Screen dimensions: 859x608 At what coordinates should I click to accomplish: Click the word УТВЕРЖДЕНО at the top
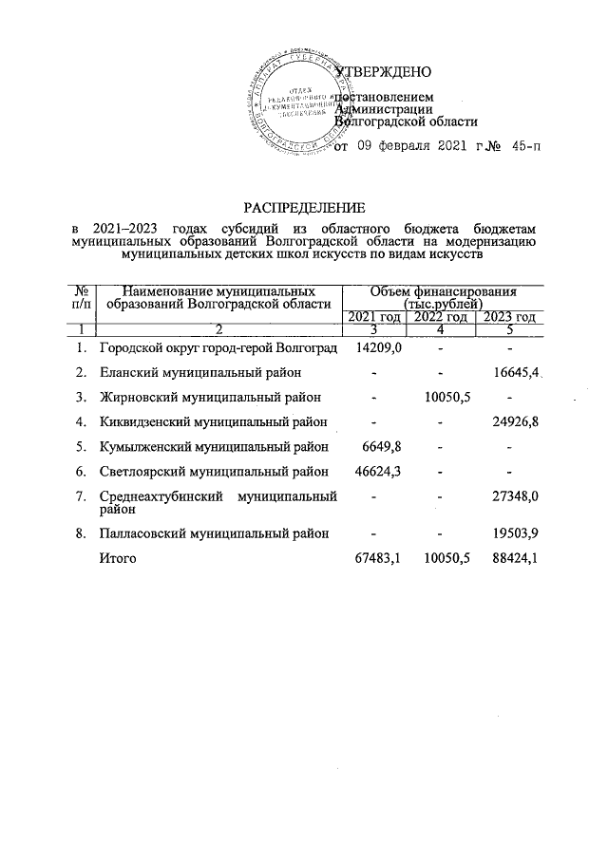[x=386, y=72]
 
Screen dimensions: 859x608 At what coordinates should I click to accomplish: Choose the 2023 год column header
[x=510, y=317]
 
